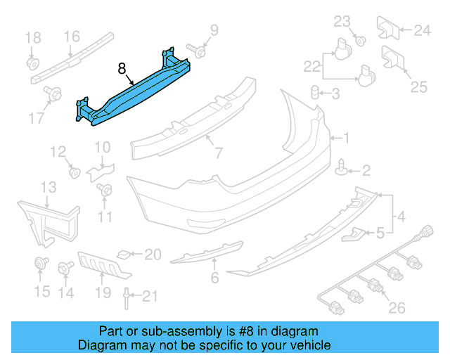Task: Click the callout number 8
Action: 122,69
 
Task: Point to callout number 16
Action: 72,37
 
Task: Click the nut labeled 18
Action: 31,63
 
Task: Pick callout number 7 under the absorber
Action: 218,153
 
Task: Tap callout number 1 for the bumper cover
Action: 346,138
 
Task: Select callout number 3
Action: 335,94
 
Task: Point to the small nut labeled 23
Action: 359,39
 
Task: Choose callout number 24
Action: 421,30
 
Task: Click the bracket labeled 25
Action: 390,58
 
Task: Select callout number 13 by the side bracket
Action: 48,187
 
